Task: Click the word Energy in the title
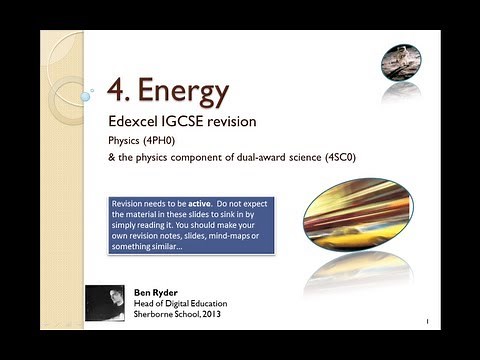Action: (x=183, y=91)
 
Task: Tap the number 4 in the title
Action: (x=118, y=91)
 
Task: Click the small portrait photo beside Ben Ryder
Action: (x=105, y=303)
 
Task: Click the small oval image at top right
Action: (x=401, y=63)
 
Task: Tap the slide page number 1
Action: (x=427, y=322)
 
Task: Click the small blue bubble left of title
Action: (x=87, y=96)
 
